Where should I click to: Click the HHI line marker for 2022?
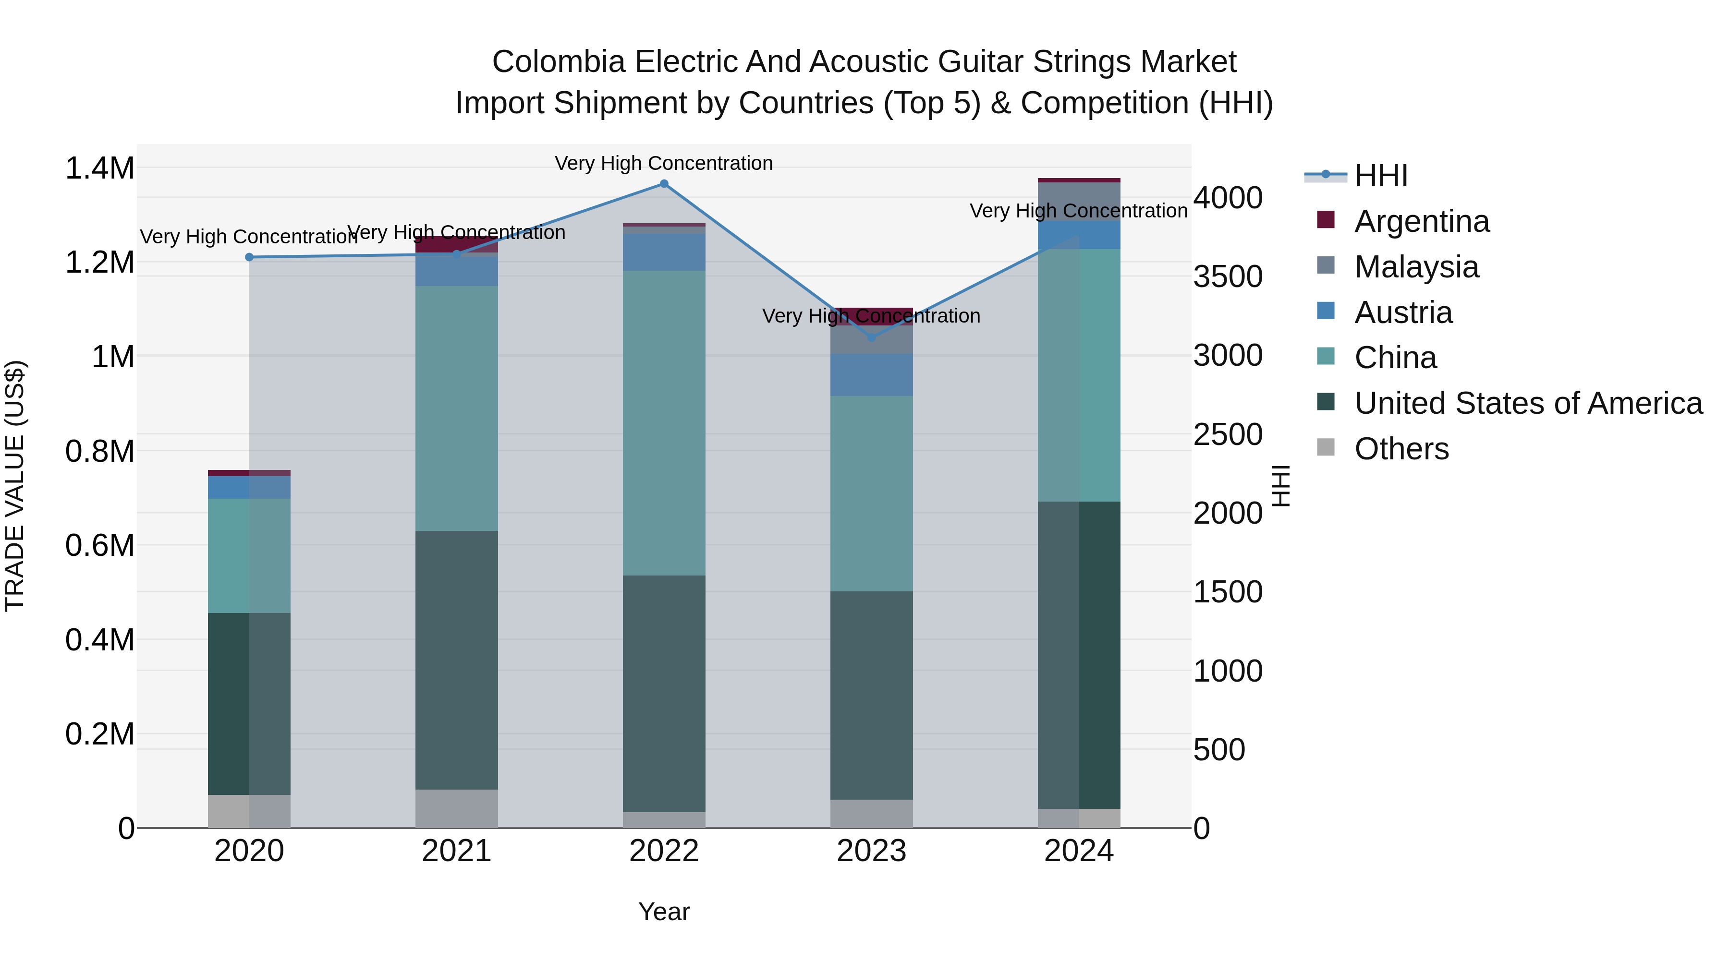tap(664, 184)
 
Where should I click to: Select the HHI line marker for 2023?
tap(871, 337)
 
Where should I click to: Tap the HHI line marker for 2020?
tap(249, 257)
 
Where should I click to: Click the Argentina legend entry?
tap(1421, 221)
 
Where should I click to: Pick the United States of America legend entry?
tap(1528, 403)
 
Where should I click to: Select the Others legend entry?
tap(1401, 449)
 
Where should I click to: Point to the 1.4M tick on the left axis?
tap(100, 168)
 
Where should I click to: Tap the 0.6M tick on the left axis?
tap(100, 545)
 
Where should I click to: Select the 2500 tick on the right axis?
tap(1228, 435)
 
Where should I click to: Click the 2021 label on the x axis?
tap(456, 851)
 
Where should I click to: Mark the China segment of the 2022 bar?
tap(664, 422)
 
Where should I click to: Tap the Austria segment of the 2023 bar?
tap(871, 374)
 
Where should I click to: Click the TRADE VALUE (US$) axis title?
tap(15, 486)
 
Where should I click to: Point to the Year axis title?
tap(664, 912)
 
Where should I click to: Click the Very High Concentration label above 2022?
tap(664, 163)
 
